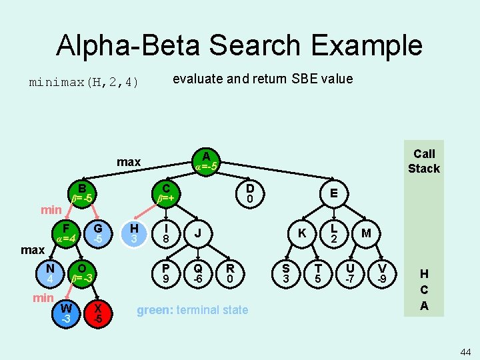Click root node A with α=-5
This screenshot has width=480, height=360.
[206, 161]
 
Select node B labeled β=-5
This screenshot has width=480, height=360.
[82, 193]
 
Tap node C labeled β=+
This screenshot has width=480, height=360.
[166, 193]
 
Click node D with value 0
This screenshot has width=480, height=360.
[249, 193]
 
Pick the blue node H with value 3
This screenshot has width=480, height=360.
[134, 233]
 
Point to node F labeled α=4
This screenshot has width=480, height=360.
[66, 233]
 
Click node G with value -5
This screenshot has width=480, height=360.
[98, 233]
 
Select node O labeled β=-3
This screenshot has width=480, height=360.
[82, 272]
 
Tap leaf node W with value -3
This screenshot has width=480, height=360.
[66, 313]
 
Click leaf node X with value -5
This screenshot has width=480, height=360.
[98, 313]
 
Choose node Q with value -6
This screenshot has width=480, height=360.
[197, 272]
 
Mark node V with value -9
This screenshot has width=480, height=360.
[381, 272]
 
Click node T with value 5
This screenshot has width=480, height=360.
[317, 272]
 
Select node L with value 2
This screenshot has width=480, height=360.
[335, 233]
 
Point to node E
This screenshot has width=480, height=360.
[333, 193]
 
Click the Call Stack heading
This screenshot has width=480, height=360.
[424, 161]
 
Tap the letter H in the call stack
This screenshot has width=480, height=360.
[424, 273]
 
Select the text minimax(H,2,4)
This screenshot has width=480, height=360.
[84, 83]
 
